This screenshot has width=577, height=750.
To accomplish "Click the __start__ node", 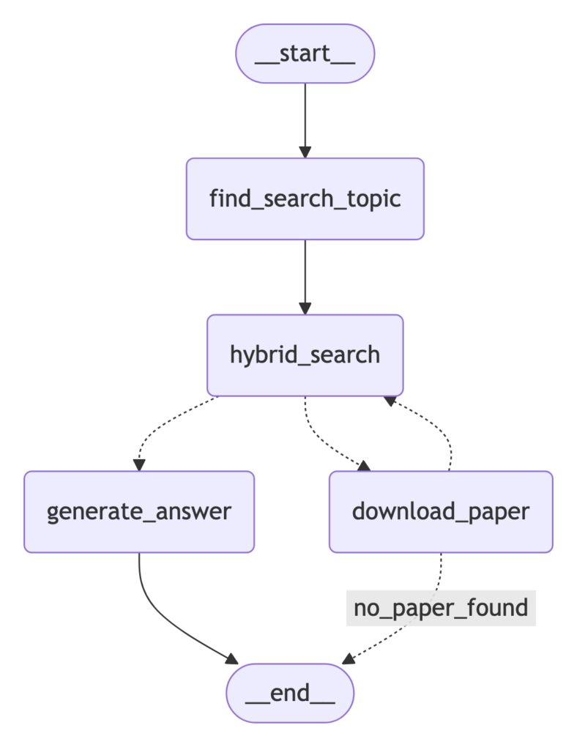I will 305,55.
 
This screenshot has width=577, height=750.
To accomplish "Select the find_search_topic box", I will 305,198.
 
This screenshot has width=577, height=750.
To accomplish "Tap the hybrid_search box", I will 305,354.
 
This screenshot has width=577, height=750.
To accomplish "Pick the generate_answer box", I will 139,511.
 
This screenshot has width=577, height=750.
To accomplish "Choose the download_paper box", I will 441,511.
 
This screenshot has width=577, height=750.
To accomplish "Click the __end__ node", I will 290,693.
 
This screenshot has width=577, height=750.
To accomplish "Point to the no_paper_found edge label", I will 441,608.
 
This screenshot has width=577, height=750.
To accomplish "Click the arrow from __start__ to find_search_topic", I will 305,117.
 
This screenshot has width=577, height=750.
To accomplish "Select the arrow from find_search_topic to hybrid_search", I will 305,275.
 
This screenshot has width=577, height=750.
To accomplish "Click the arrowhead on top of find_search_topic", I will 305,152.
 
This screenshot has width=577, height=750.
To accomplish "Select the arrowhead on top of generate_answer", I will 139,464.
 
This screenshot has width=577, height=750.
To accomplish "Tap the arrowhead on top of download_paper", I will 364,466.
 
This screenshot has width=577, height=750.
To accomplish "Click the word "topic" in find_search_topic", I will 376,198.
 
